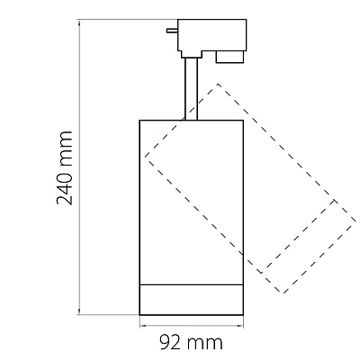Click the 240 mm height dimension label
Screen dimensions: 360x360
click(x=64, y=167)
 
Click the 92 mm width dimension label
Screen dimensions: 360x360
click(x=191, y=342)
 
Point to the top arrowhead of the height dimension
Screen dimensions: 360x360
click(x=79, y=22)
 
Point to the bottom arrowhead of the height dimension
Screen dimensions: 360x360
click(x=79, y=311)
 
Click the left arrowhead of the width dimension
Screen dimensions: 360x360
click(x=143, y=325)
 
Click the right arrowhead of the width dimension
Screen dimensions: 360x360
click(x=239, y=325)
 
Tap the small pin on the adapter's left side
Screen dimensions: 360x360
click(x=173, y=31)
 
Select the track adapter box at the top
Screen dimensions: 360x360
click(x=212, y=38)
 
